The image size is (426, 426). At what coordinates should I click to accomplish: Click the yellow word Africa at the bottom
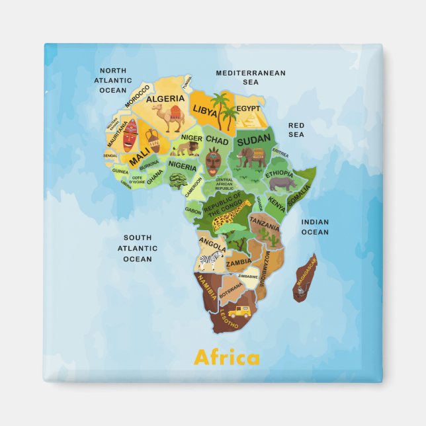(x=227, y=358)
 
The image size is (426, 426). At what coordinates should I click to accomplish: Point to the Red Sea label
(x=296, y=130)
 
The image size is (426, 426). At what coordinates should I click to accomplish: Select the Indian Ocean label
(x=315, y=227)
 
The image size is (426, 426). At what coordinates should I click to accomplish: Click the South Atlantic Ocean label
(x=138, y=248)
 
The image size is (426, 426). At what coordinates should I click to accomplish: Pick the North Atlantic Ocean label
(x=112, y=80)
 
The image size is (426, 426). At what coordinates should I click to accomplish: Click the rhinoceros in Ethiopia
(x=282, y=183)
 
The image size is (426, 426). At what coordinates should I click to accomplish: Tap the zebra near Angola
(x=216, y=261)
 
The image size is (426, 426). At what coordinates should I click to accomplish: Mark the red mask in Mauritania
(x=130, y=135)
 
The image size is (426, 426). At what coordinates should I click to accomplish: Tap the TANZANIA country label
(x=264, y=224)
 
